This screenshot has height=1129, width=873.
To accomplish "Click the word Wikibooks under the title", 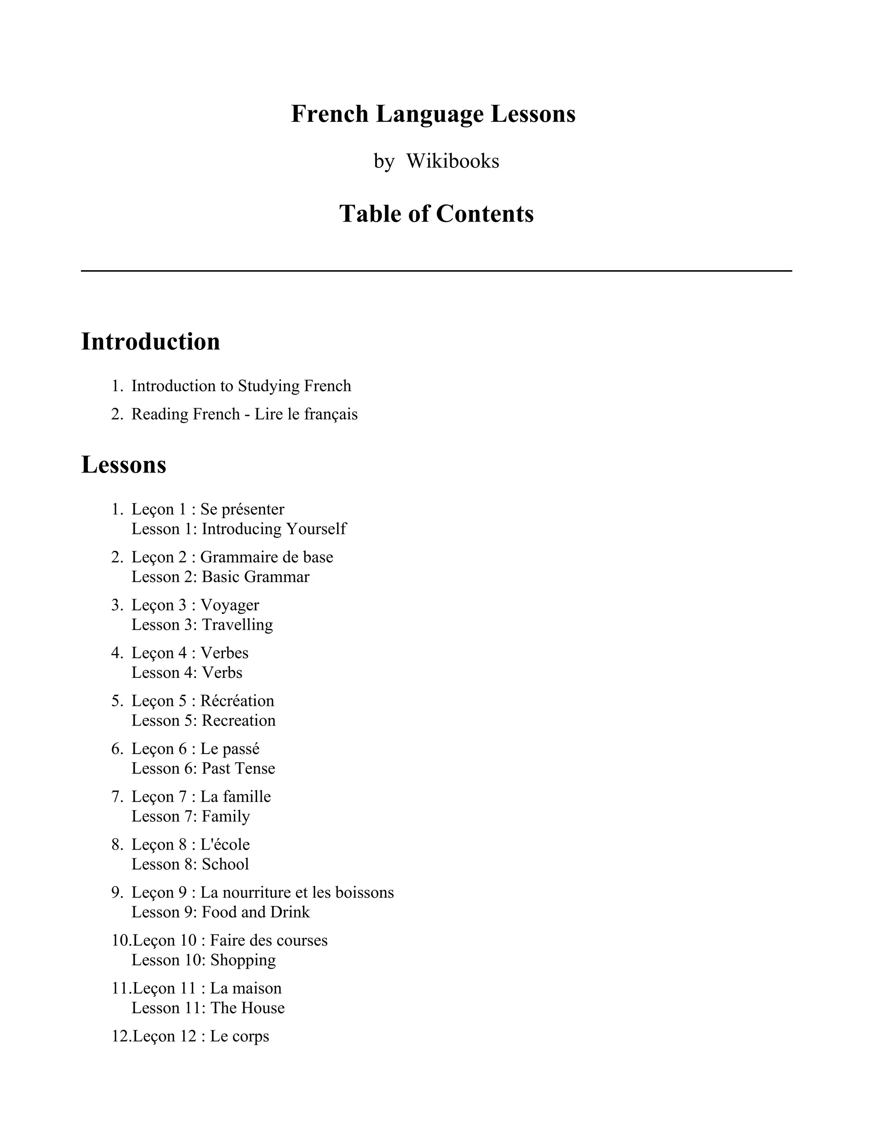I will point(453,161).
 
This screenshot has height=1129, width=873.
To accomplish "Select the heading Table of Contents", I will point(436,213).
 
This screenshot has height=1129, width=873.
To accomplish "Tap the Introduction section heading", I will point(150,342).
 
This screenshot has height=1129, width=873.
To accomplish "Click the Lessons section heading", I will point(124,465).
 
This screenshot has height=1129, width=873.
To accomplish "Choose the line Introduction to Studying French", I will point(241,386).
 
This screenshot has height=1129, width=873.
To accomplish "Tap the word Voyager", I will point(230,605).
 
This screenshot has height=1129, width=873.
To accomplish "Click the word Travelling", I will point(237,625).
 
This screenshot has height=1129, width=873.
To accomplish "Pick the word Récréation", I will point(237,700).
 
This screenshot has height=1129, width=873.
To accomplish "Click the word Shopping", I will point(243,960).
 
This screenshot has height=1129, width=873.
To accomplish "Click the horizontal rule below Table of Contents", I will point(436,271).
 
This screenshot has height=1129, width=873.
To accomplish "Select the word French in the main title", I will point(330,114).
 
